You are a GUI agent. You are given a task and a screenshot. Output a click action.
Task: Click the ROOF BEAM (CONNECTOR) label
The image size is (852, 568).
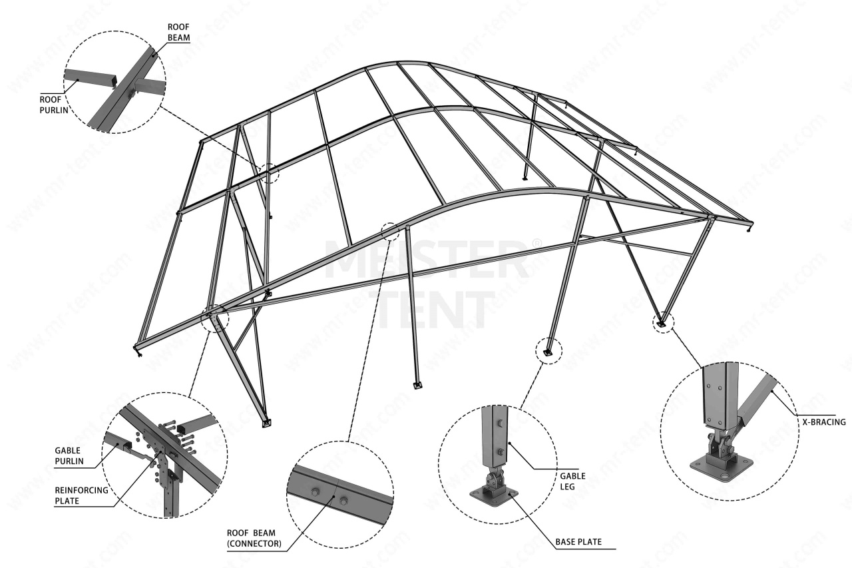254,538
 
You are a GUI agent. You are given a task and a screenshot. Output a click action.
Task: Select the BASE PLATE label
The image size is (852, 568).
578,542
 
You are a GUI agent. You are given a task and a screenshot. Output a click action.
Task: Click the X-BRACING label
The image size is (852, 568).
821,422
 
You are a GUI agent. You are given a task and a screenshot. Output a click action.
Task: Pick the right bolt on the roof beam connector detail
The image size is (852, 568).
343,499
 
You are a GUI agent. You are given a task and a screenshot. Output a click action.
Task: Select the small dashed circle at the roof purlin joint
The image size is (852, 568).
269,173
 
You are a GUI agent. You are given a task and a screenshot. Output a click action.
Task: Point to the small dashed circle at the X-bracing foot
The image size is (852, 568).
662,322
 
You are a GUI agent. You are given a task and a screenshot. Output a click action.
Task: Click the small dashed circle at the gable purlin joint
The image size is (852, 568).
215,319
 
